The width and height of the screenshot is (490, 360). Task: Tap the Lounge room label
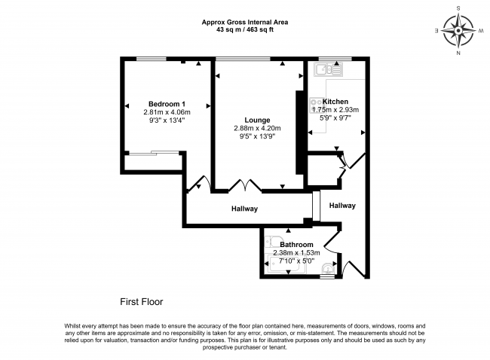pyautogui.click(x=257, y=121)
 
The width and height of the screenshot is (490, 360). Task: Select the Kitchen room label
pyautogui.click(x=335, y=102)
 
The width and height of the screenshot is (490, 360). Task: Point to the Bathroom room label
pyautogui.click(x=296, y=245)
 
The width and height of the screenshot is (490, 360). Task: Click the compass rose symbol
pyautogui.click(x=458, y=31)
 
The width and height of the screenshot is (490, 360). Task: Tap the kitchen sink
pyautogui.click(x=329, y=69)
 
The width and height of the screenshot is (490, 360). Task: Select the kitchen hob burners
pyautogui.click(x=317, y=105)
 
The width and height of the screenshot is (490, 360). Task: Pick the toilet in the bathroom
pyautogui.click(x=270, y=242)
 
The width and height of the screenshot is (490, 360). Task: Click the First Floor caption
pyautogui.click(x=142, y=302)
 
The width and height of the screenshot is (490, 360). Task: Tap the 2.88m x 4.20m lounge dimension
pyautogui.click(x=257, y=128)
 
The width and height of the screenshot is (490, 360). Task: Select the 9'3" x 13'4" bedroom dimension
pyautogui.click(x=167, y=121)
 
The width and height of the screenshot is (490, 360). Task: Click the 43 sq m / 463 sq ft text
pyautogui.click(x=245, y=30)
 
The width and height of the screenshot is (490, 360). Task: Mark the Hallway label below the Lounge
pyautogui.click(x=244, y=209)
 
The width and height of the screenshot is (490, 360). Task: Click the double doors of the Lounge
pyautogui.click(x=245, y=185)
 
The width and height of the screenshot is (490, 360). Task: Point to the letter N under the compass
pyautogui.click(x=458, y=53)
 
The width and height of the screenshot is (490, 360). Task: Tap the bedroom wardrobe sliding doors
pyautogui.click(x=154, y=153)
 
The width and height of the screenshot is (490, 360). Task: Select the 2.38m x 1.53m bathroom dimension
pyautogui.click(x=296, y=253)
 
